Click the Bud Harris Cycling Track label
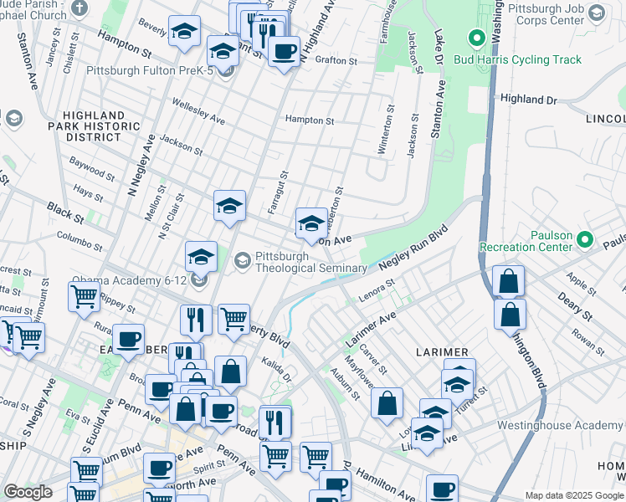coord(517,59)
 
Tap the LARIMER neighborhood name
coord(434,352)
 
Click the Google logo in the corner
coord(28,492)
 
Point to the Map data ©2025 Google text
coord(573,495)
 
